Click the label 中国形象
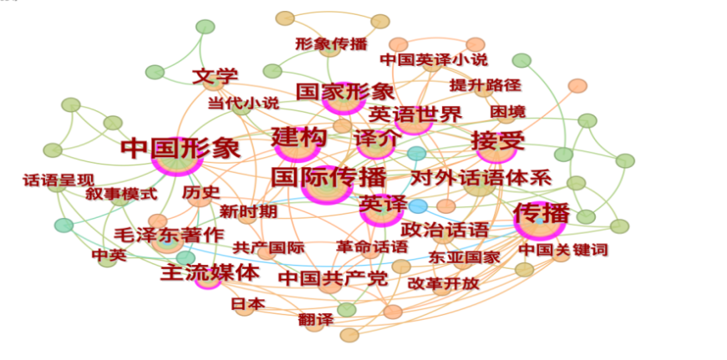(x=180, y=149)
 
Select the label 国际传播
(x=328, y=177)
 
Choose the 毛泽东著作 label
(x=169, y=235)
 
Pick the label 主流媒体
(x=210, y=271)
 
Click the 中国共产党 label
(x=333, y=277)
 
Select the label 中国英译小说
(x=434, y=60)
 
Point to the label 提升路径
(x=485, y=84)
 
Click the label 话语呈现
(x=58, y=180)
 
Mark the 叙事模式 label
(x=121, y=194)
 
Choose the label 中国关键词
(x=562, y=250)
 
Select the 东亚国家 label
(x=464, y=256)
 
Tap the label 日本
(x=247, y=303)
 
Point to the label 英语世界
(x=415, y=114)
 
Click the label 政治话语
(x=445, y=229)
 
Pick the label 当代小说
(x=244, y=103)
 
